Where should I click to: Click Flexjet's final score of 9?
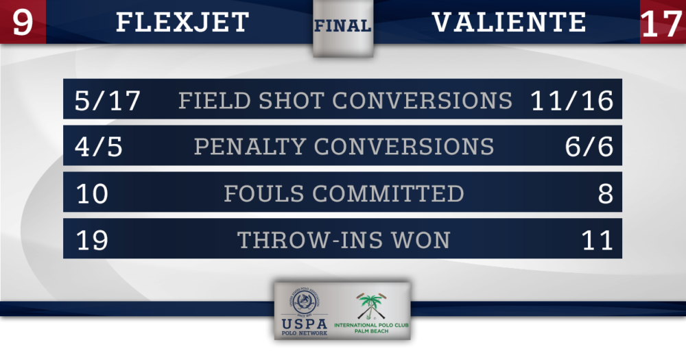click(x=23, y=23)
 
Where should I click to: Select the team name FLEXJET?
click(x=182, y=23)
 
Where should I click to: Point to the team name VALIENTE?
click(x=509, y=23)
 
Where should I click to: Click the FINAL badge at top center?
click(x=343, y=26)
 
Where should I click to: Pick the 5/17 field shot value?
click(x=108, y=100)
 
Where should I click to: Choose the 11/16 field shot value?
click(x=572, y=100)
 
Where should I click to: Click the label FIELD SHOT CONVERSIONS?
click(x=345, y=100)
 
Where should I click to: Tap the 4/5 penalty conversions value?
click(x=98, y=147)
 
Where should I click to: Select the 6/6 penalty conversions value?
click(x=589, y=147)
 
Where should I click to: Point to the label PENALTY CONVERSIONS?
click(x=344, y=147)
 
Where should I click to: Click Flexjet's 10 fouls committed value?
click(x=92, y=193)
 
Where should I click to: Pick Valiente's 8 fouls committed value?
click(x=606, y=193)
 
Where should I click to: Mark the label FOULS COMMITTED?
click(x=344, y=193)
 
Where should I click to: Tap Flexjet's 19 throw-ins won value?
click(x=92, y=240)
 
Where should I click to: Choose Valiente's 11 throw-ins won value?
click(x=598, y=240)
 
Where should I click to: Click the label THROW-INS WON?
click(x=344, y=240)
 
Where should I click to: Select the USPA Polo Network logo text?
click(x=305, y=327)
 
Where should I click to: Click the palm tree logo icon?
click(x=371, y=305)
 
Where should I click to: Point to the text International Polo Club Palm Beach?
click(x=371, y=328)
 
